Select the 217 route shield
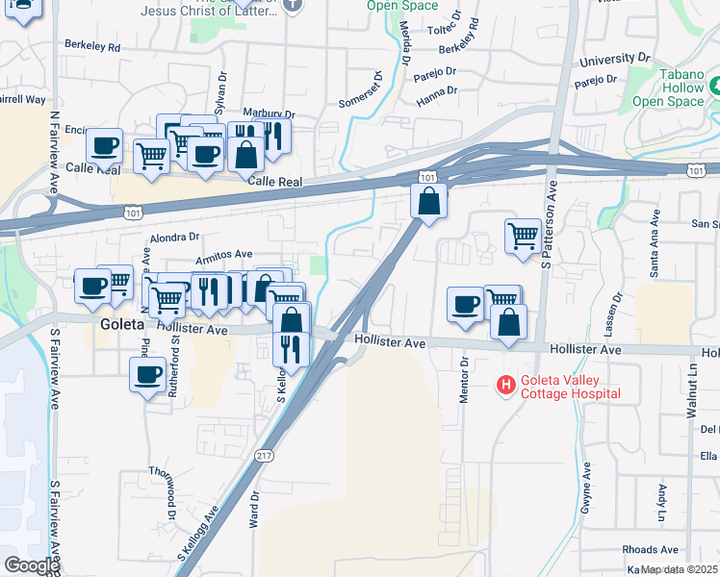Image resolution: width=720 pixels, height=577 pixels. tap(265, 454)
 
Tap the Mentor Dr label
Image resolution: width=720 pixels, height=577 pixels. tap(464, 381)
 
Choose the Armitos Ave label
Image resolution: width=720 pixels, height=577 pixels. tap(224, 256)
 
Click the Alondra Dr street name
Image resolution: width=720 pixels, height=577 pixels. tap(173, 237)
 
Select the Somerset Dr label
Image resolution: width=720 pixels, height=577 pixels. tap(361, 90)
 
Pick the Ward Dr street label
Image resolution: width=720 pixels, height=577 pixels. tap(255, 509)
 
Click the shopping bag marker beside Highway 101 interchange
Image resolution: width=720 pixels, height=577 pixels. tap(428, 201)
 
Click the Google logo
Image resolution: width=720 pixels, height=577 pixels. tap(32, 565)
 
